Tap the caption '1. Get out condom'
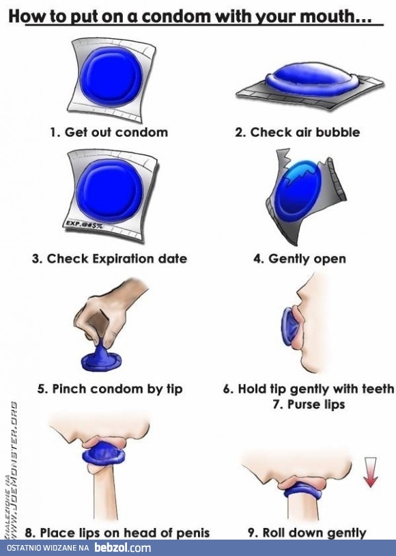109,133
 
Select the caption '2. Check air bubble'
297,133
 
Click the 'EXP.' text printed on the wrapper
72,223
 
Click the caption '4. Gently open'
300,259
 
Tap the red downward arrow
371,472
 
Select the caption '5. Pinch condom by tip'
110,389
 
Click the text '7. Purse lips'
309,404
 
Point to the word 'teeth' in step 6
377,389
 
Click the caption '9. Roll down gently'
307,533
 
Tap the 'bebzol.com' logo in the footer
123,548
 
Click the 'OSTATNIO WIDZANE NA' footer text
48,548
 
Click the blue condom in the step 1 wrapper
111,77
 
